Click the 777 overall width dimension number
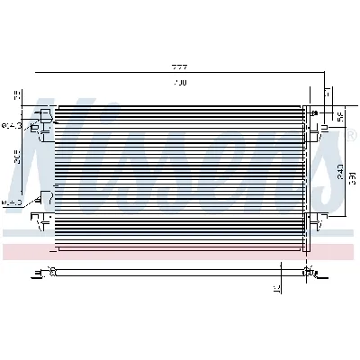pyautogui.click(x=181, y=67)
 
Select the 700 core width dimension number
pyautogui.click(x=179, y=84)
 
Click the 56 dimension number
pyautogui.click(x=339, y=116)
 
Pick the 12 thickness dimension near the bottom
pyautogui.click(x=278, y=289)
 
